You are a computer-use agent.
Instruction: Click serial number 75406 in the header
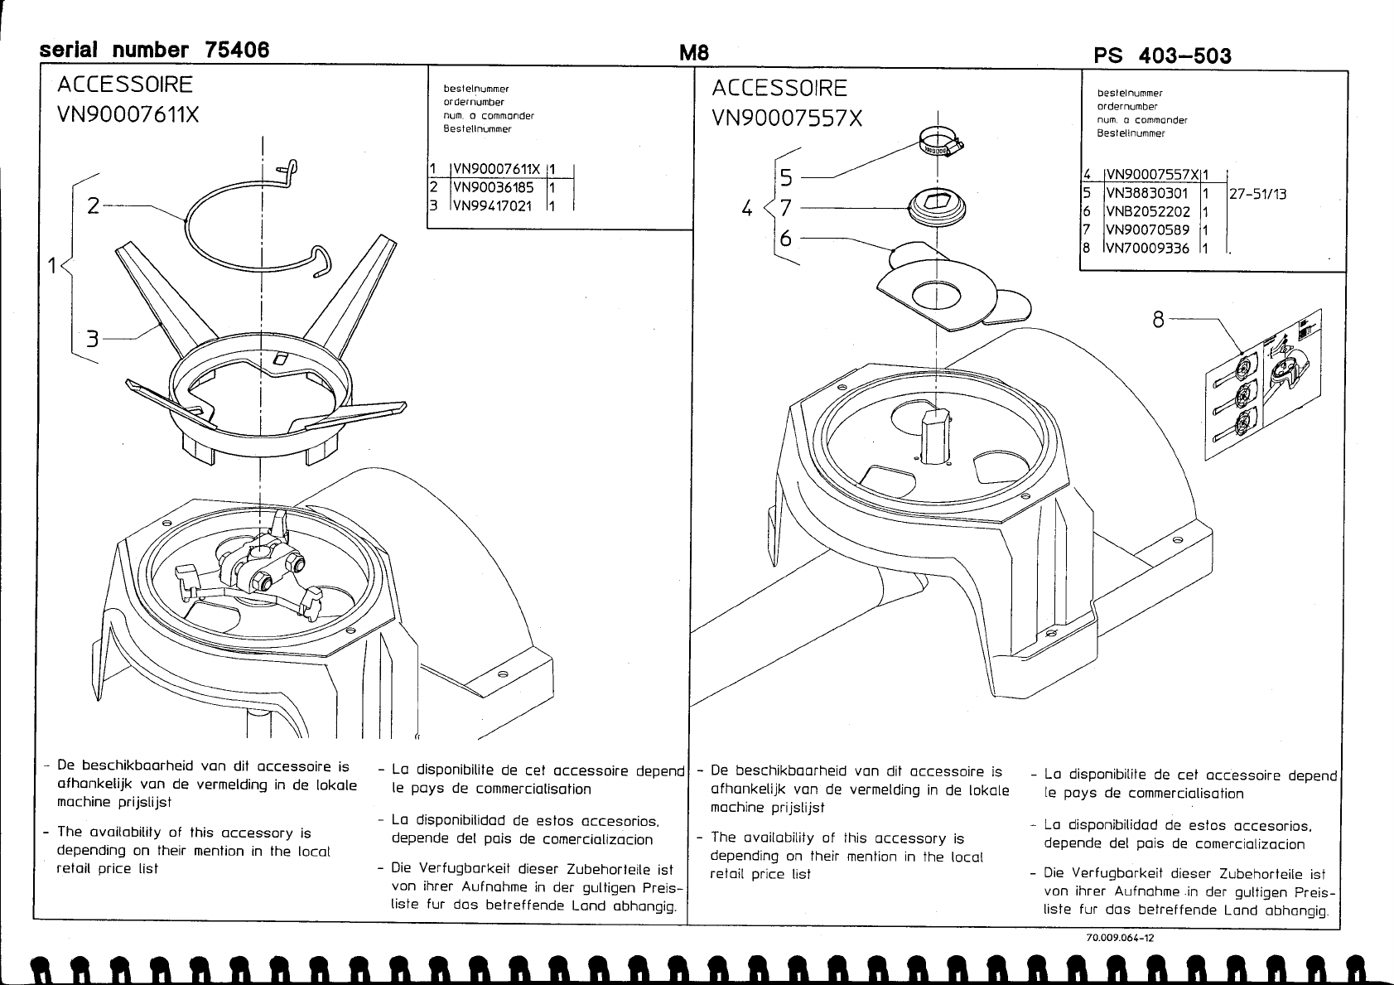(x=155, y=51)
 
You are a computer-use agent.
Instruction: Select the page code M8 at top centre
(x=694, y=53)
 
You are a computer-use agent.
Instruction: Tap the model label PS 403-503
(x=1162, y=56)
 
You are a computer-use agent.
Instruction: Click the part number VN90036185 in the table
(x=493, y=188)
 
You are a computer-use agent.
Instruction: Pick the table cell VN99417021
(x=493, y=205)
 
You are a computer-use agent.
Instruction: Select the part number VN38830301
(x=1147, y=194)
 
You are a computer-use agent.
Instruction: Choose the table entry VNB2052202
(x=1147, y=212)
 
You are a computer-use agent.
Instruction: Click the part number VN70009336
(x=1147, y=249)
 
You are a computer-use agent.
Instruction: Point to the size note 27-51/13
(x=1257, y=194)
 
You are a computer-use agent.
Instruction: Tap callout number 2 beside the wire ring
(x=94, y=205)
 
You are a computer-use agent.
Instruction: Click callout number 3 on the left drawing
(x=93, y=338)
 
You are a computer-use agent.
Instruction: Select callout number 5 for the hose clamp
(x=785, y=177)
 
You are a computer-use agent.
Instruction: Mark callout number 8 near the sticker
(x=1158, y=319)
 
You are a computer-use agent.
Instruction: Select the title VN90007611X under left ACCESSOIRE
(x=128, y=114)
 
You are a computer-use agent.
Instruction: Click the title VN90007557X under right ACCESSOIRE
(x=787, y=119)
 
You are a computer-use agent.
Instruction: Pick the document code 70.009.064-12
(x=1120, y=938)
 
